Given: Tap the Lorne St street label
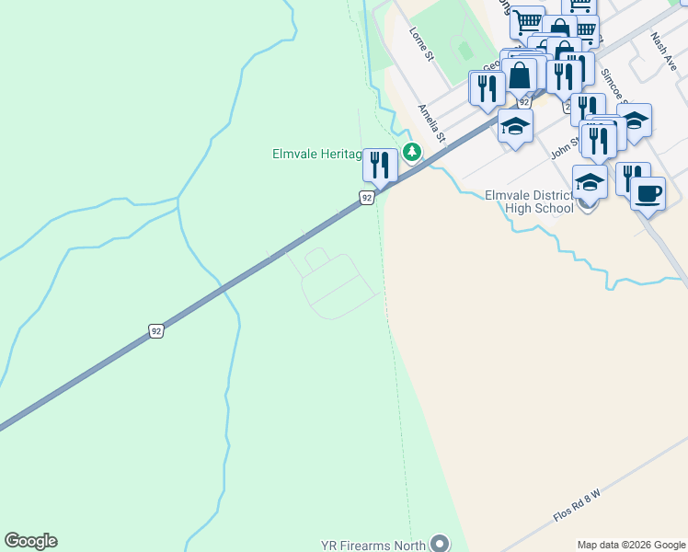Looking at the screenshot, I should pyautogui.click(x=421, y=43).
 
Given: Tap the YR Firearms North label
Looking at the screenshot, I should pyautogui.click(x=373, y=545).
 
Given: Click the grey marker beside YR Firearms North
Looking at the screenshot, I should pyautogui.click(x=441, y=544).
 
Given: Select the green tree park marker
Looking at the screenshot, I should pyautogui.click(x=413, y=151).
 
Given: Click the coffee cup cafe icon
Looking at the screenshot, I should pyautogui.click(x=648, y=193).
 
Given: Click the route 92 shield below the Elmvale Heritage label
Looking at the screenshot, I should pyautogui.click(x=366, y=198).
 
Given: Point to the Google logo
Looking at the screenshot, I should pyautogui.click(x=30, y=541).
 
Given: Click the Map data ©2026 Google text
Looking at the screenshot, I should pyautogui.click(x=630, y=545).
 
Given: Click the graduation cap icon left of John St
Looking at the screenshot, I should pyautogui.click(x=515, y=126).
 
